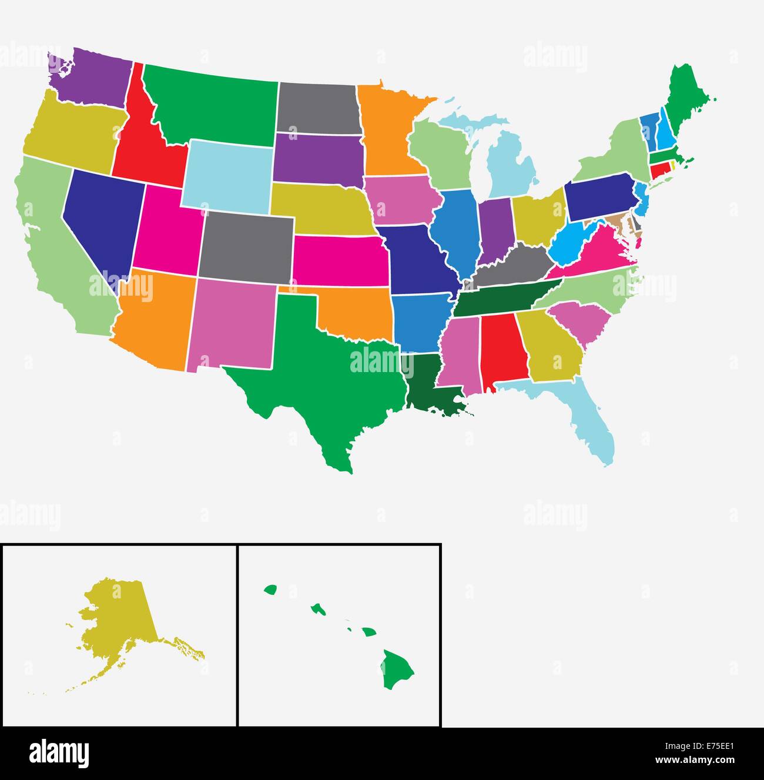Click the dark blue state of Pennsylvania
click(x=599, y=197)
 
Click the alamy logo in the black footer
click(x=59, y=753)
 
